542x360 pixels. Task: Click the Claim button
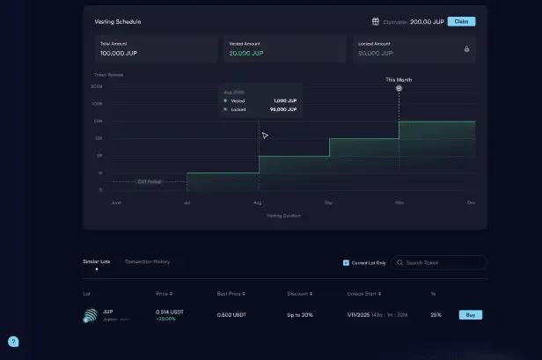point(461,21)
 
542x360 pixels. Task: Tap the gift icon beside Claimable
point(376,21)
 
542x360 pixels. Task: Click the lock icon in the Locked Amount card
point(466,49)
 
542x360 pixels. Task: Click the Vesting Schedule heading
point(118,21)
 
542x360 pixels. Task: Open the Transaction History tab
point(147,261)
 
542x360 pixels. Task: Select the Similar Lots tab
point(97,261)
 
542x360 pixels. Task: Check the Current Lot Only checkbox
point(346,262)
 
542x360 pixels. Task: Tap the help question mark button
point(13,342)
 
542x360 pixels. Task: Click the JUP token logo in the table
point(91,315)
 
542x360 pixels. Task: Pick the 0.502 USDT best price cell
point(231,315)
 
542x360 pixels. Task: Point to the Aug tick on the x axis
point(258,202)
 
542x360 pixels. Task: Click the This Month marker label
point(399,79)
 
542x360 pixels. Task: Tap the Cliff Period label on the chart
point(149,182)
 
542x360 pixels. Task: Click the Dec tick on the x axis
point(472,202)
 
